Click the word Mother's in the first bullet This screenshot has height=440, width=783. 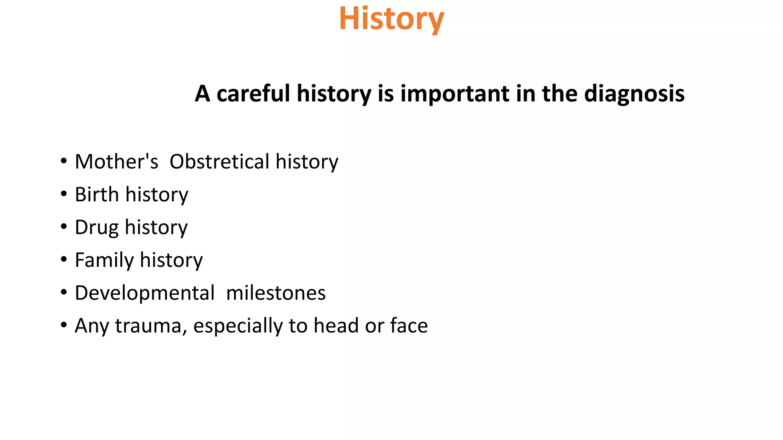tap(116, 162)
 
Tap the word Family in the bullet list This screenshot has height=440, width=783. tap(104, 260)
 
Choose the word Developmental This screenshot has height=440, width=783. tap(145, 293)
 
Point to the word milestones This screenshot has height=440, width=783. tap(276, 293)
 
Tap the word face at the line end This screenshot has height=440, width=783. tap(409, 326)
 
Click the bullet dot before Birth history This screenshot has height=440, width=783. tap(63, 194)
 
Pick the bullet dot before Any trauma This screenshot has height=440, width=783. tap(63, 325)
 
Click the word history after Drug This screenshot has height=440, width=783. tap(156, 228)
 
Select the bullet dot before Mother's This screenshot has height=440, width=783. tap(63, 161)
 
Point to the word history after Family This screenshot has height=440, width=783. tap(171, 260)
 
